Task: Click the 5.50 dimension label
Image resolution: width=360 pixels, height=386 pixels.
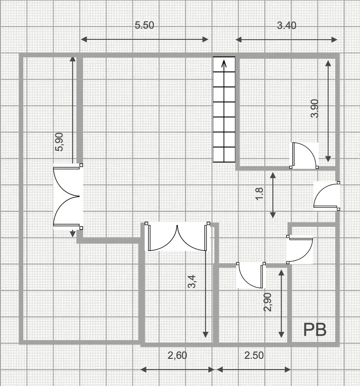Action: click(145, 25)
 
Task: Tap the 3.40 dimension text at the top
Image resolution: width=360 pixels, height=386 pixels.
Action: click(287, 26)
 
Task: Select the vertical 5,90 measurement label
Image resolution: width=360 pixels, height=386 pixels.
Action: click(59, 142)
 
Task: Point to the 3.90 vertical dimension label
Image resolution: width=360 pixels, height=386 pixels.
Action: click(315, 109)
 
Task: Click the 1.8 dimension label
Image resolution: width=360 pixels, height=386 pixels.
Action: click(259, 194)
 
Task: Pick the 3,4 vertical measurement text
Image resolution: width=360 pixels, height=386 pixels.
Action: click(191, 282)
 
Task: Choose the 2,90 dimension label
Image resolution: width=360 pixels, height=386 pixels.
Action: click(268, 302)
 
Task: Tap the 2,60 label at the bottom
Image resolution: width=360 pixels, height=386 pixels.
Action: click(177, 356)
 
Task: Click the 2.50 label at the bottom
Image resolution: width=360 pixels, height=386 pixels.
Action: click(254, 356)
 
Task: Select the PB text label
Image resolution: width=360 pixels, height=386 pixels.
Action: click(315, 330)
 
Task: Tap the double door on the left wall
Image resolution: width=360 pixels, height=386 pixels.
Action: click(67, 197)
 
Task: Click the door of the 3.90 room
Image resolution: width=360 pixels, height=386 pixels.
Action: click(304, 155)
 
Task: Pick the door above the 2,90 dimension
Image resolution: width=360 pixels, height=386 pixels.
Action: click(251, 275)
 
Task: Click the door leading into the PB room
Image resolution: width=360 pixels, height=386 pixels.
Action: click(300, 249)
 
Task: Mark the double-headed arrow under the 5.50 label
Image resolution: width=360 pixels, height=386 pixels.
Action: click(145, 39)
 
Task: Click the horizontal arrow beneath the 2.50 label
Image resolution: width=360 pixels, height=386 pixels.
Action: click(254, 370)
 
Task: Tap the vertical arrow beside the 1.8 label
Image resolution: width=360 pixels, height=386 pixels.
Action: click(273, 195)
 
